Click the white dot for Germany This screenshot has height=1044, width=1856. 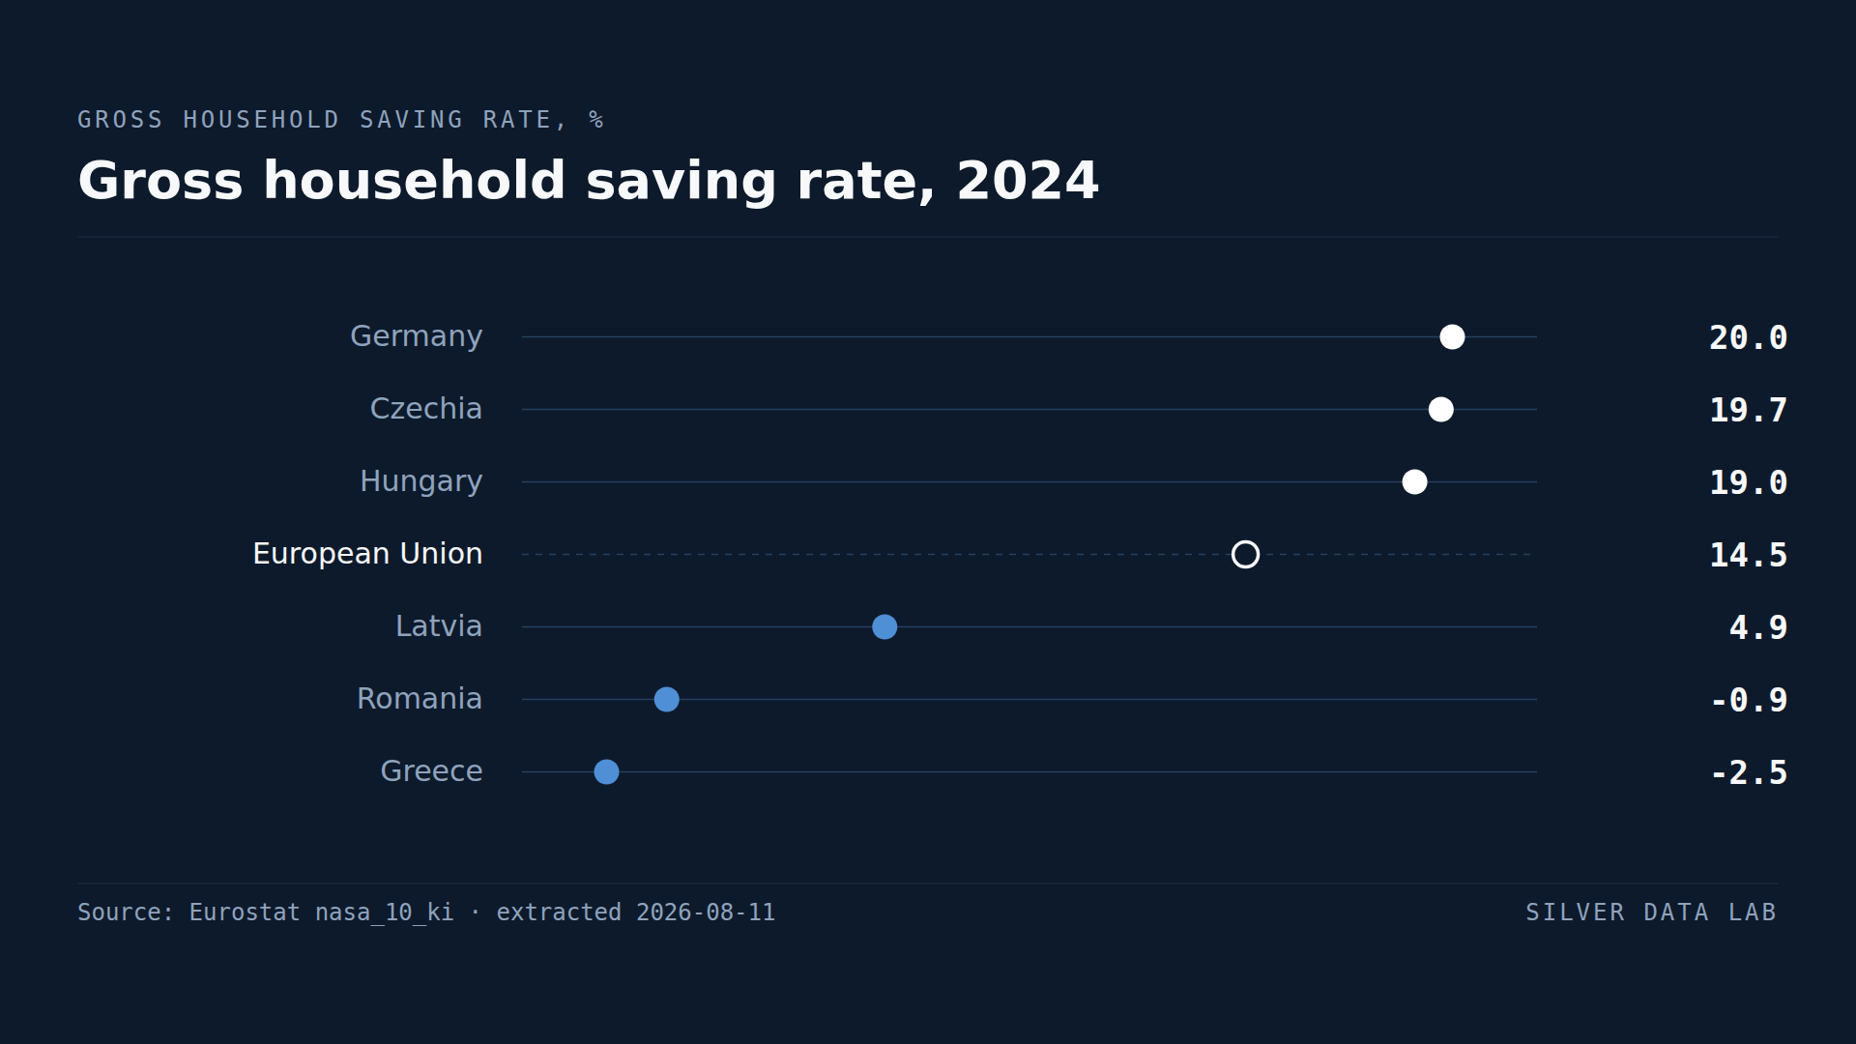coord(1452,336)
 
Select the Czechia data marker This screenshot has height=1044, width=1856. coord(1440,409)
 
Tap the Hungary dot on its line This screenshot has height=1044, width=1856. coord(1414,481)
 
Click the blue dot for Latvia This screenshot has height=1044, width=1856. coord(884,626)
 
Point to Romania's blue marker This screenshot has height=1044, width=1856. coord(666,699)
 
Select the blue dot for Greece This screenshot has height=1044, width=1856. coord(606,771)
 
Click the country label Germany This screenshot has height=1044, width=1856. coord(416,337)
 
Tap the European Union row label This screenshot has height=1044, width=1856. coord(367,554)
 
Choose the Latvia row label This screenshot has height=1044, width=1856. coord(439,626)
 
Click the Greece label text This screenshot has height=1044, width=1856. coord(431,771)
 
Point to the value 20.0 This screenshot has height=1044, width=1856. coord(1748,337)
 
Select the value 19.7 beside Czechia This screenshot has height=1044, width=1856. coord(1748,410)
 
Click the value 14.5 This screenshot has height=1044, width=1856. coord(1748,555)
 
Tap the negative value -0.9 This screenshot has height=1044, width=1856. coord(1749,700)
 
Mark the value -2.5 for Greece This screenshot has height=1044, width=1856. coord(1749,772)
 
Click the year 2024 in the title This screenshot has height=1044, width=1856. coord(1028,181)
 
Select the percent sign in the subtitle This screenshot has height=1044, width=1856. coord(596,120)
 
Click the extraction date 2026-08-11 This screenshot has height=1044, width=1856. coord(706,913)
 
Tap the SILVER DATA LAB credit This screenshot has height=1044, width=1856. coord(1651,913)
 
